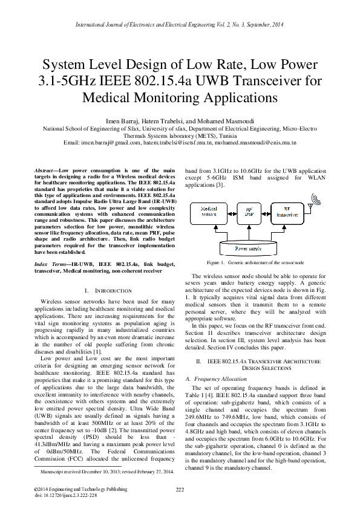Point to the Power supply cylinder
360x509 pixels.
point(249,247)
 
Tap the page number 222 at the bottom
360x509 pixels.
point(180,488)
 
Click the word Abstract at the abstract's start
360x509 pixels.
point(45,171)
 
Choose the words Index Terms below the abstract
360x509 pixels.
point(50,264)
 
